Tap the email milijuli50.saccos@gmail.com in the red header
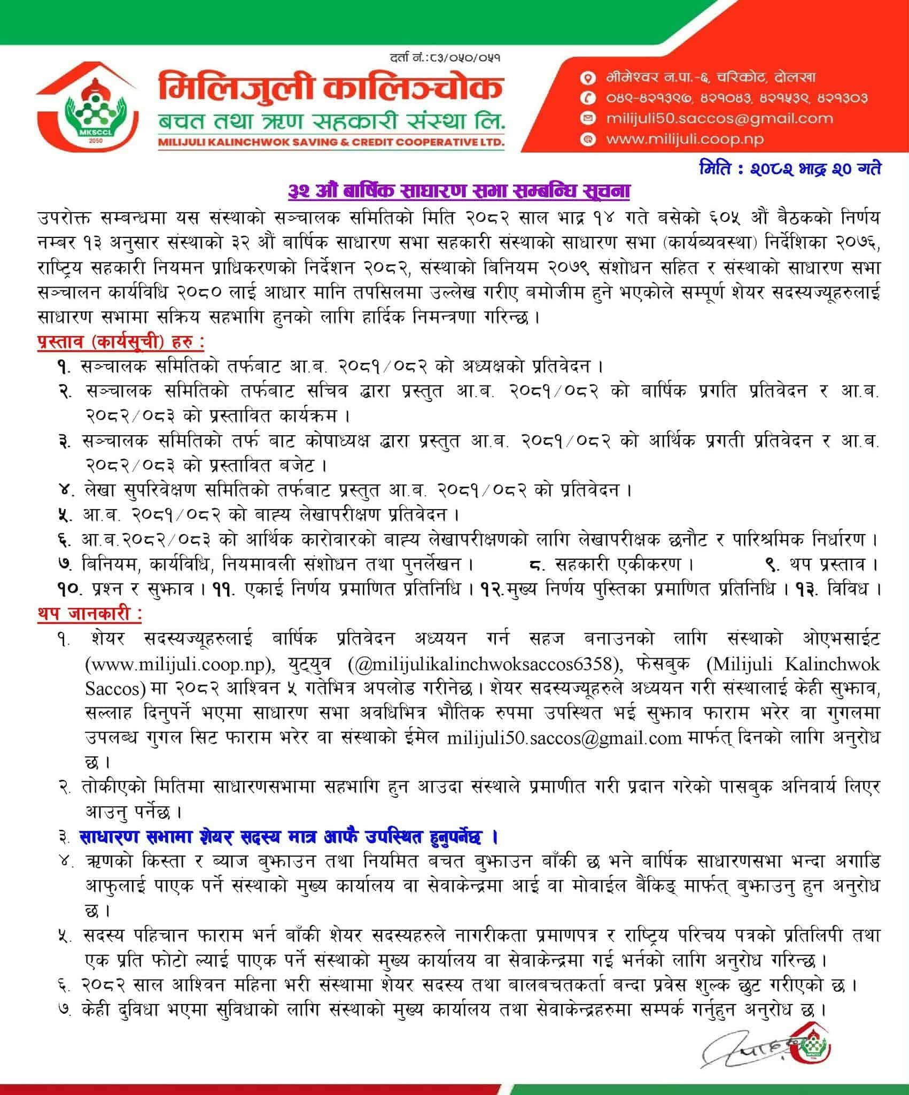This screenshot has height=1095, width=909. click(719, 119)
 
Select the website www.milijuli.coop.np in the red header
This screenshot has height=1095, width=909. click(685, 139)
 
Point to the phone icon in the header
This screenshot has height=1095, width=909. click(588, 98)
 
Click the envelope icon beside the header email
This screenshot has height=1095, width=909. click(588, 119)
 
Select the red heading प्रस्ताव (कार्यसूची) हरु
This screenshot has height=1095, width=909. click(121, 342)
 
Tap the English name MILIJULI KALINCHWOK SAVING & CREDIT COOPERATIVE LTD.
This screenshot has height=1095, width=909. click(330, 143)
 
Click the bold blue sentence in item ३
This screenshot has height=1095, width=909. click(289, 837)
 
